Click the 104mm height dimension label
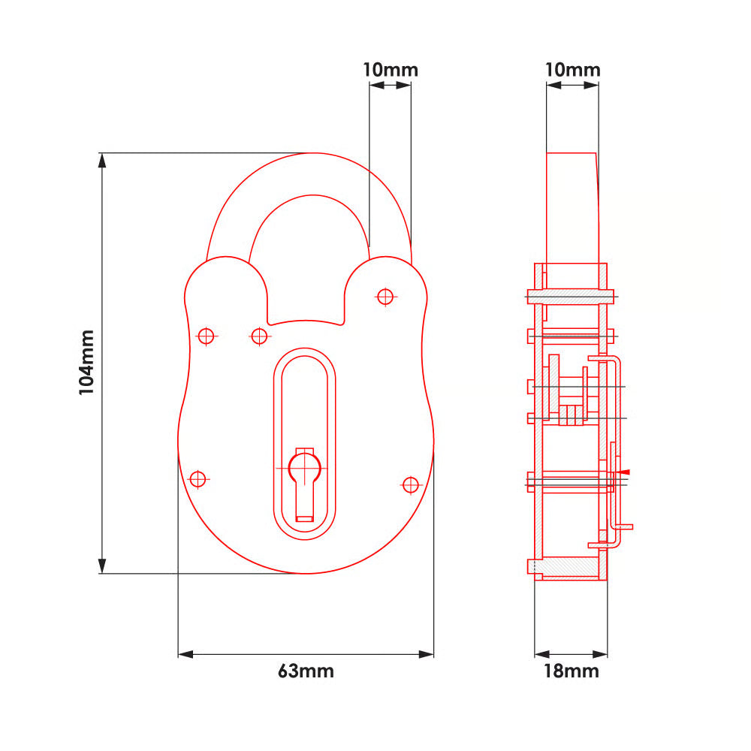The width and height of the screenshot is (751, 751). (86, 362)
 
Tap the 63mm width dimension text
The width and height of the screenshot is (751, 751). (306, 671)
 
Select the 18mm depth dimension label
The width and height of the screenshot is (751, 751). (571, 671)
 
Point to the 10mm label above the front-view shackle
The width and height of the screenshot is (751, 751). (391, 70)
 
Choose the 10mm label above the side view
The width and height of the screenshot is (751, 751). (573, 70)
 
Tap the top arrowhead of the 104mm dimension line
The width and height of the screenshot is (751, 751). (102, 161)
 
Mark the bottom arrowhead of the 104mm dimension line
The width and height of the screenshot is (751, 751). (102, 566)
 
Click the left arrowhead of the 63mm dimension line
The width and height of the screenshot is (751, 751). (185, 654)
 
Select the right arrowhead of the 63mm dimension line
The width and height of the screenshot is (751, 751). (426, 654)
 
